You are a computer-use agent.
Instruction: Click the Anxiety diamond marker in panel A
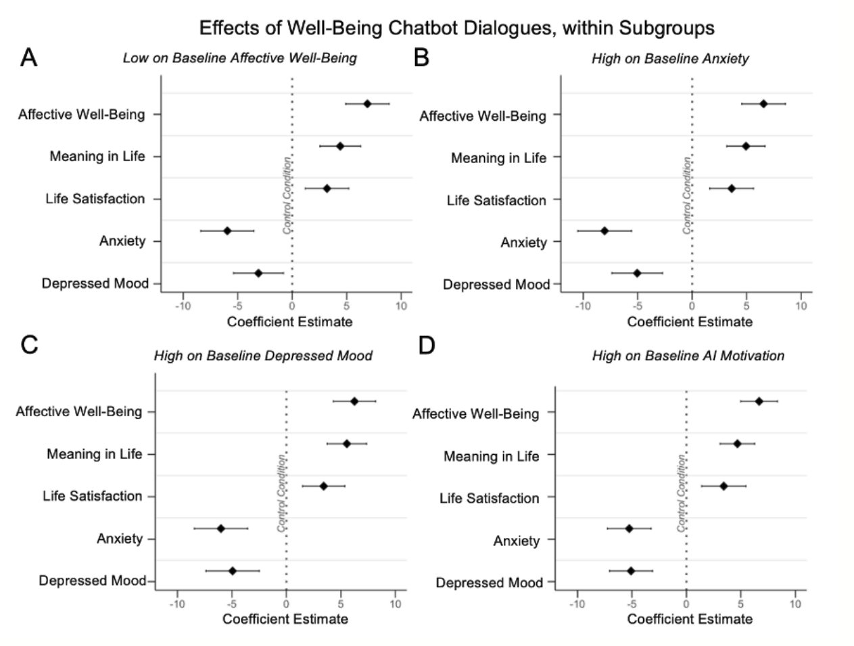(227, 230)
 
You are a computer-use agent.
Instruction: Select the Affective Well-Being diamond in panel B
(763, 103)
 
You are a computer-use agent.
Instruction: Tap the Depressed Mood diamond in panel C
(233, 570)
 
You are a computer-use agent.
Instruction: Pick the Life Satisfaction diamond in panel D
(723, 486)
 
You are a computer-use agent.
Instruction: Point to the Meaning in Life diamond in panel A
(340, 146)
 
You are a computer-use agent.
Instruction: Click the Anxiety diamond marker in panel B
(604, 230)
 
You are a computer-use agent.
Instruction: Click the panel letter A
(28, 58)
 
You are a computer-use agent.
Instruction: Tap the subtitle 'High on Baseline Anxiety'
(670, 59)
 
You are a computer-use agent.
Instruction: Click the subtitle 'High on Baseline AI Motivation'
(688, 355)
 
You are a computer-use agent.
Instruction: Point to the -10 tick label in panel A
(183, 305)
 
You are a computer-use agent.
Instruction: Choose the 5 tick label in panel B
(746, 305)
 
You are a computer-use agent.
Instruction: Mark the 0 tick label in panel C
(286, 603)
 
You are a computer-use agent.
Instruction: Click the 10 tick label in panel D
(795, 603)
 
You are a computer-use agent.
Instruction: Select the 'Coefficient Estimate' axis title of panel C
(285, 618)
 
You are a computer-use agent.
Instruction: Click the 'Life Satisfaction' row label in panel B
(496, 200)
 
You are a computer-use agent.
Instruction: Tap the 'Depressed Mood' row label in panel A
(95, 283)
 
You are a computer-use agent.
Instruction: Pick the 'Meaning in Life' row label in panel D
(492, 456)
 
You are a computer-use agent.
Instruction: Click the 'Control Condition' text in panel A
(287, 195)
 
